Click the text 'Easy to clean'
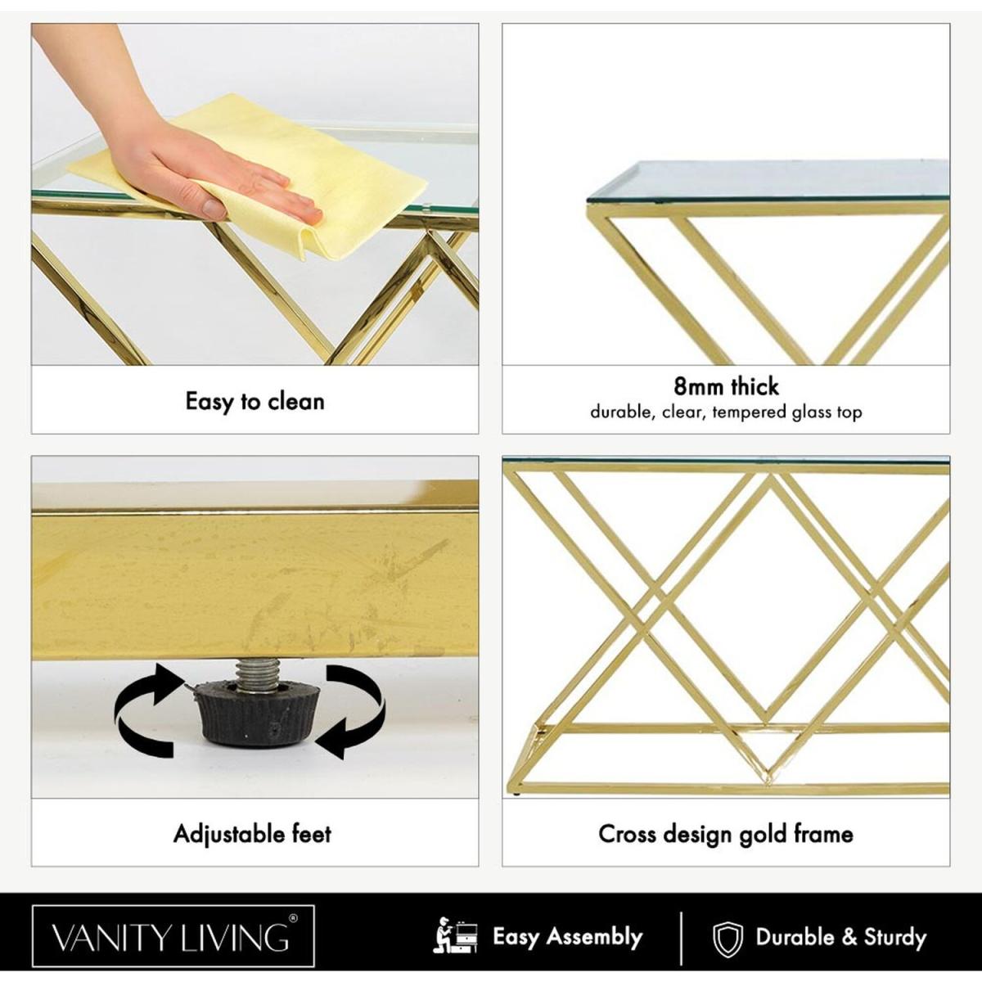coord(255,401)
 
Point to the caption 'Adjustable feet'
coord(253,834)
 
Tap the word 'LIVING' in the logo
coord(231,937)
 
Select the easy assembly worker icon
coord(455,936)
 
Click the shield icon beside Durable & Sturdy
coord(727,938)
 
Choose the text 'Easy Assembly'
coord(567,937)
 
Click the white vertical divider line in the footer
coord(681,938)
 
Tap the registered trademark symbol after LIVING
coord(292,919)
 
